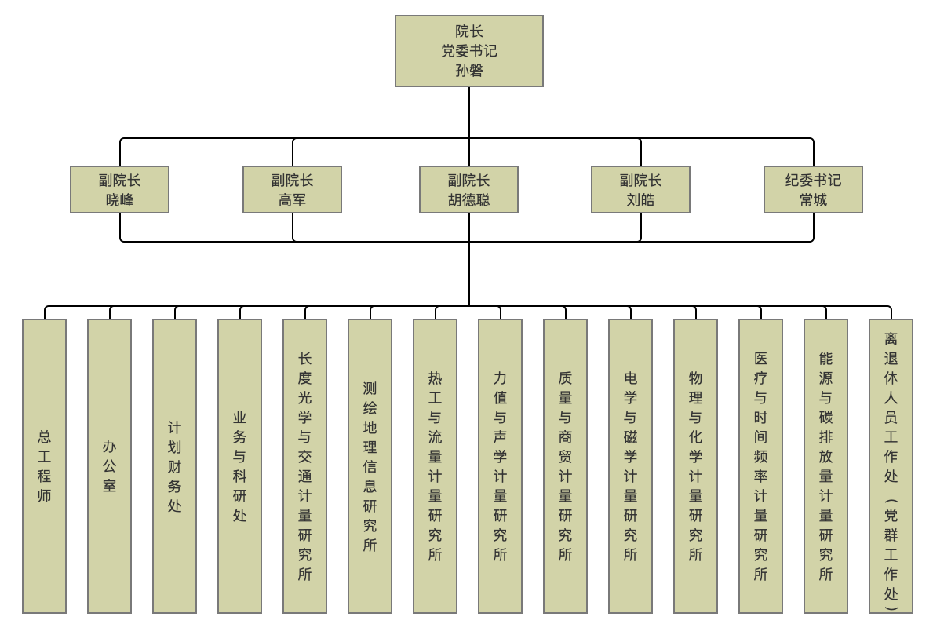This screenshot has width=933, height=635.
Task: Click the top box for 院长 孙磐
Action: [x=468, y=51]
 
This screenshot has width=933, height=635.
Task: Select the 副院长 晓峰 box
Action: [x=119, y=189]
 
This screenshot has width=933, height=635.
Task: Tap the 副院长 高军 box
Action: [x=292, y=189]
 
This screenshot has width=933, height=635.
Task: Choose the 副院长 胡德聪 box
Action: [x=468, y=189]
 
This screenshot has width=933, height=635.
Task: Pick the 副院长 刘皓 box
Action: [x=640, y=189]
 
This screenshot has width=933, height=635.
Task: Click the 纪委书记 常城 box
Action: [x=813, y=189]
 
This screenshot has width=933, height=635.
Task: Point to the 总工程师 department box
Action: [x=44, y=465]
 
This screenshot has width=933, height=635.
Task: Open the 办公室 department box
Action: [x=109, y=465]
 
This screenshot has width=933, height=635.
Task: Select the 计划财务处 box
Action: [x=174, y=465]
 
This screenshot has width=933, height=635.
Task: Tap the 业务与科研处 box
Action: [x=239, y=465]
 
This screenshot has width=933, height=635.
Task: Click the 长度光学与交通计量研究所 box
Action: [x=304, y=465]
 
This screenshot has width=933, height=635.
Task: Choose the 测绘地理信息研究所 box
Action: [x=370, y=465]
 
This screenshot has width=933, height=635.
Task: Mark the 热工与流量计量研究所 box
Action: [x=435, y=465]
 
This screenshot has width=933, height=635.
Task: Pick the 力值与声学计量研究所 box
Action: [x=500, y=465]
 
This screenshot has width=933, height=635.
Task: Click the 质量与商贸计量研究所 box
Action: [x=565, y=465]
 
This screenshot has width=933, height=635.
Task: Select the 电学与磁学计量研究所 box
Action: [x=630, y=465]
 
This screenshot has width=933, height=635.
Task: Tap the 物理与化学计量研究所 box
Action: [x=695, y=465]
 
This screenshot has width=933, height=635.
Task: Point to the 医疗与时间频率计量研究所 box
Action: [x=760, y=465]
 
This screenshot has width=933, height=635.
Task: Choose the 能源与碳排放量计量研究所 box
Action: [x=825, y=465]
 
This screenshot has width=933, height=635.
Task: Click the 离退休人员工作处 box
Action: [x=891, y=465]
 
